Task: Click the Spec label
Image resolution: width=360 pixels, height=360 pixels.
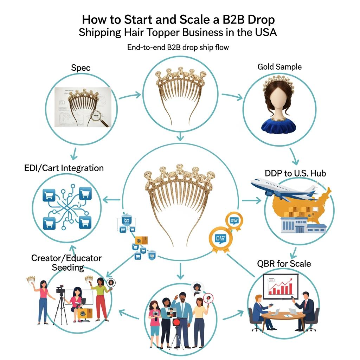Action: pos(81,68)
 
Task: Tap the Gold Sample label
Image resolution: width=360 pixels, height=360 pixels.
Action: pos(279,67)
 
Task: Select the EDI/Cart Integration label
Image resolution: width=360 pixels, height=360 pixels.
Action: pos(64,168)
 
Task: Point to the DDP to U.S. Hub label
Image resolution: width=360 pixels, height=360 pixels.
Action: pos(295,173)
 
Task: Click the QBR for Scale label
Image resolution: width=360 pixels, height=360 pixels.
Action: pos(284,263)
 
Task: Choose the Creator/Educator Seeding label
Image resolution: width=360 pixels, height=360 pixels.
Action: pos(66,263)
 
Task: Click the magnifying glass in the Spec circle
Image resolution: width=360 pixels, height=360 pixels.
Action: pos(102,117)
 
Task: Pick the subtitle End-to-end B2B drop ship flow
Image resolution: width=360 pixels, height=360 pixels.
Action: pos(178,47)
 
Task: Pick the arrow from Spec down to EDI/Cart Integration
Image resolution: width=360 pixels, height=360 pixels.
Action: pos(74,153)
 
